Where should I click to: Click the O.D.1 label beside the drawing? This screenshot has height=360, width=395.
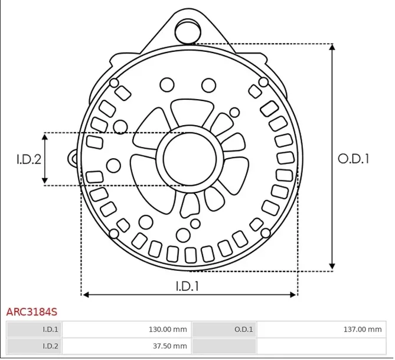[353, 158]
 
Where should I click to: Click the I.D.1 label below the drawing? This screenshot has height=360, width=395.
[187, 286]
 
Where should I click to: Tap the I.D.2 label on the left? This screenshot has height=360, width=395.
[28, 159]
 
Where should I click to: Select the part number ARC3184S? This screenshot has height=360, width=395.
[32, 310]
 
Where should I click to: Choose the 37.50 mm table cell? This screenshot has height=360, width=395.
[170, 346]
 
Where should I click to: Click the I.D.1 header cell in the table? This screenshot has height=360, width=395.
[50, 329]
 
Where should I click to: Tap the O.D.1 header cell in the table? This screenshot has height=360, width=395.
[244, 329]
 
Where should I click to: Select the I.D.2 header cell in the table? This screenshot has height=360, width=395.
[50, 346]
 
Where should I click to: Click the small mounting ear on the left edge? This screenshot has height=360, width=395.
[74, 158]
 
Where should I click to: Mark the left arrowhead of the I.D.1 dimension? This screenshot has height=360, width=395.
[84, 294]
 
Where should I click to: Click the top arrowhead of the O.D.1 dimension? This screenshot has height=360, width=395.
[333, 48]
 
